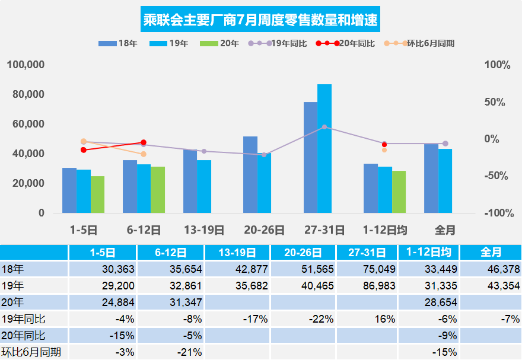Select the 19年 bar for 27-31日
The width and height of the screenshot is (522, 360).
324,148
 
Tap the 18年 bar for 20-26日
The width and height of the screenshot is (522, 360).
250,175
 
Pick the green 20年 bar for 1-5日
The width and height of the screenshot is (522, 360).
97,195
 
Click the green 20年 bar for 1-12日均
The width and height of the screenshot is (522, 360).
399,192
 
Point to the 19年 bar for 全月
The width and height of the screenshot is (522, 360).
445,181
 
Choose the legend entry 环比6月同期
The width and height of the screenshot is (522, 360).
431,43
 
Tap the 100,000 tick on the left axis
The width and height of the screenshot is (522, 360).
26,65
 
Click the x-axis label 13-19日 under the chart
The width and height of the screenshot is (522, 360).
204,230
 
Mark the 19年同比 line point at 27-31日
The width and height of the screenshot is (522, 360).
324,127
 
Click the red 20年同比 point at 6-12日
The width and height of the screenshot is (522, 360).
144,142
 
